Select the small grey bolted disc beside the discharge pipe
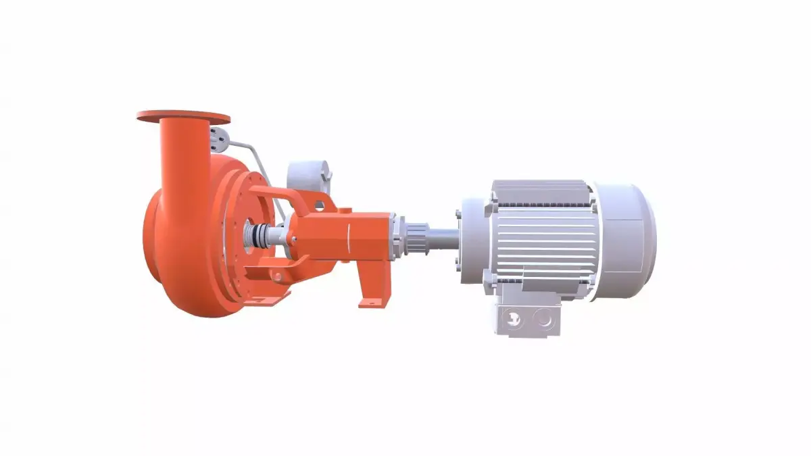(x=218, y=138)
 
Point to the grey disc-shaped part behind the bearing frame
(x=310, y=177)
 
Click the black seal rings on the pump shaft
(x=255, y=236)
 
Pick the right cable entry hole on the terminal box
(x=544, y=318)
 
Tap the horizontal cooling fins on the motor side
(x=547, y=236)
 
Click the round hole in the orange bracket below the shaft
(x=276, y=275)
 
